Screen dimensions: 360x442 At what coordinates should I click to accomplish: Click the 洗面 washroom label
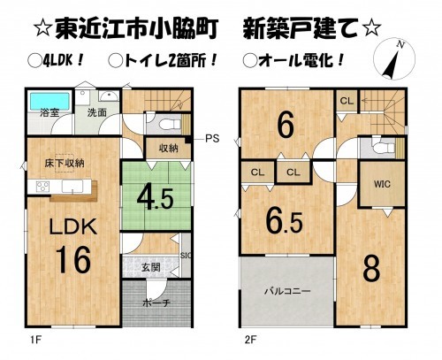pos(95,112)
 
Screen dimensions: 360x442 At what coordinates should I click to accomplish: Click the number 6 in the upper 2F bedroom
pos(285,126)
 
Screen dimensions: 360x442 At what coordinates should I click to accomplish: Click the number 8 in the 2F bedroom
pos(371,266)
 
